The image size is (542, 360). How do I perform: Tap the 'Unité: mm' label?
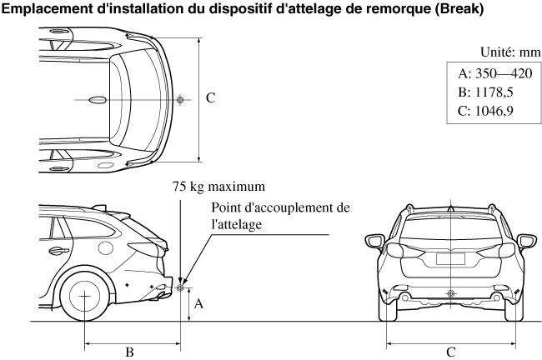pyautogui.click(x=506, y=52)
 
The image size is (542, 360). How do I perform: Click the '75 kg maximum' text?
pyautogui.click(x=218, y=186)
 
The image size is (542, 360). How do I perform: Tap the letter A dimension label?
pyautogui.click(x=198, y=305)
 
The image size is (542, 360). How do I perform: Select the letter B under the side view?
pyautogui.click(x=129, y=352)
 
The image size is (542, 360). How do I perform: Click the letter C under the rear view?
pyautogui.click(x=451, y=352)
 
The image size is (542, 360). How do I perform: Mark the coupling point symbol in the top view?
pyautogui.click(x=179, y=99)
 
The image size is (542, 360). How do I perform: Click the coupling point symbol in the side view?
pyautogui.click(x=179, y=289)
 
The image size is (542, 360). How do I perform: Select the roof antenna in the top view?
pyautogui.click(x=98, y=99)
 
